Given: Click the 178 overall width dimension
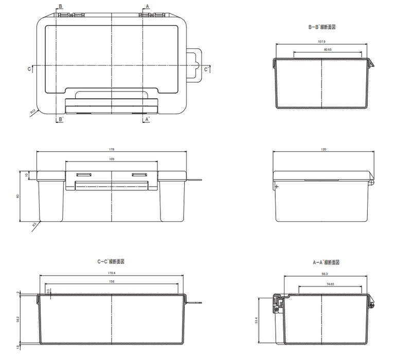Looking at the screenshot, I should click(112, 150).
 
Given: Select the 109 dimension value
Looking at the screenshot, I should click(112, 159).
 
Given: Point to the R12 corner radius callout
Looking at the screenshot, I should click(32, 111).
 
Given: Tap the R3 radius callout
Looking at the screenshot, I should click(34, 224).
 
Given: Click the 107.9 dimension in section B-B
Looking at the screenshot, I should click(321, 42).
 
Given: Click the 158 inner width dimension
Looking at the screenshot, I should click(112, 282).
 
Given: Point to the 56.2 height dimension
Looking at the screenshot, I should click(19, 319).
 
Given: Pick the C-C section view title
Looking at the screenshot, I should click(111, 261).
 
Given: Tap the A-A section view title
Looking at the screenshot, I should click(326, 262).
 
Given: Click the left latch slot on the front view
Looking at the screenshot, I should click(84, 175).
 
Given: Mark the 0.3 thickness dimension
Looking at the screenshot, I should click(48, 291).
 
